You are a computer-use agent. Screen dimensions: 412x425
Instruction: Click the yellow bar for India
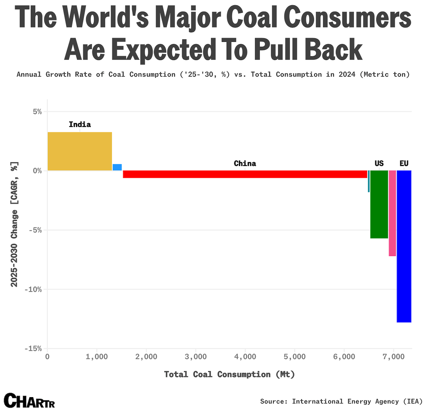click(80, 151)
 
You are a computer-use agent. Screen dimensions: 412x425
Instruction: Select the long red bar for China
click(245, 174)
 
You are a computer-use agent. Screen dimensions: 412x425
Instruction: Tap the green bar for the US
click(379, 204)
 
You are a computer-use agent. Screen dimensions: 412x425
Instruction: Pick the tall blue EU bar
click(404, 246)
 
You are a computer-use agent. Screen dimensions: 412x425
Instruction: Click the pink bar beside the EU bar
click(392, 213)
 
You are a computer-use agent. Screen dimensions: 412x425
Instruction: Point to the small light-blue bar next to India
click(117, 167)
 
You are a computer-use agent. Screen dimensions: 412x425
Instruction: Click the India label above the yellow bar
click(80, 124)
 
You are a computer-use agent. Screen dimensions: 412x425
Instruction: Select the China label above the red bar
click(245, 163)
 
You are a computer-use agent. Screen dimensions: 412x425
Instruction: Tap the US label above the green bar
click(379, 163)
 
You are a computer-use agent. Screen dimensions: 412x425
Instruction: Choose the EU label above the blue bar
click(404, 163)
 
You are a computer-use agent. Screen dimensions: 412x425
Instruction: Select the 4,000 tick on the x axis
click(245, 357)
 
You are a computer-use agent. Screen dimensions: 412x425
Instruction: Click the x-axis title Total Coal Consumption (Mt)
click(230, 374)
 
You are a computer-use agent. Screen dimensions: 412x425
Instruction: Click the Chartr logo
click(29, 401)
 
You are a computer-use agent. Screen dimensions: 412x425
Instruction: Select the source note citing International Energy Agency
click(341, 401)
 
